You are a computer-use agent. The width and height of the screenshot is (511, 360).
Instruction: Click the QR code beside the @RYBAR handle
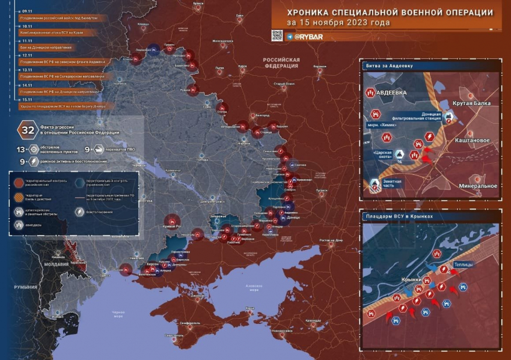pos(277,35)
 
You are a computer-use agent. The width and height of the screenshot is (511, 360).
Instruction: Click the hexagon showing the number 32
pos(28,130)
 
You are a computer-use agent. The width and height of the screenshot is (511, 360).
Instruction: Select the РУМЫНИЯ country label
pos(26,287)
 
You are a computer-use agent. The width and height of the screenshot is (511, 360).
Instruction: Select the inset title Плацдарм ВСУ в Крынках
pos(399,215)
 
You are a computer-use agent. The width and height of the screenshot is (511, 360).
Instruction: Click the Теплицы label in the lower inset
pos(464,264)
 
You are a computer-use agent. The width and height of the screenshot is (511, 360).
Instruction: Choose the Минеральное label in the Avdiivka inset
pos(478,186)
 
